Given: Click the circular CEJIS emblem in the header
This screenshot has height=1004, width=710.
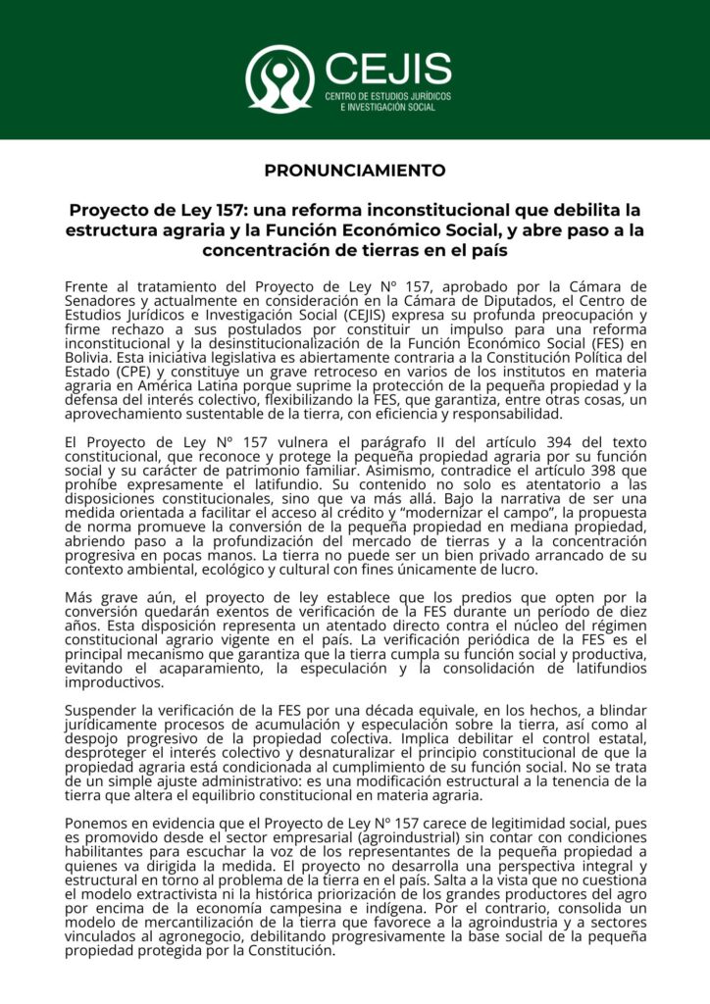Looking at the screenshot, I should (x=279, y=77).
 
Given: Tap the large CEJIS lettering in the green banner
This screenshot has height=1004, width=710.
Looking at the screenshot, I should (x=387, y=68).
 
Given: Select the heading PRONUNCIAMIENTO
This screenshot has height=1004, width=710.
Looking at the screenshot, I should (x=355, y=170).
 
